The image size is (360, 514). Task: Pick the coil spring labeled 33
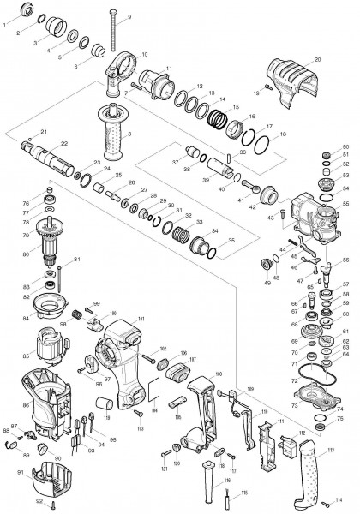click(181, 232)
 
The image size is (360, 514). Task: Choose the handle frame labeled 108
click(201, 411)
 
